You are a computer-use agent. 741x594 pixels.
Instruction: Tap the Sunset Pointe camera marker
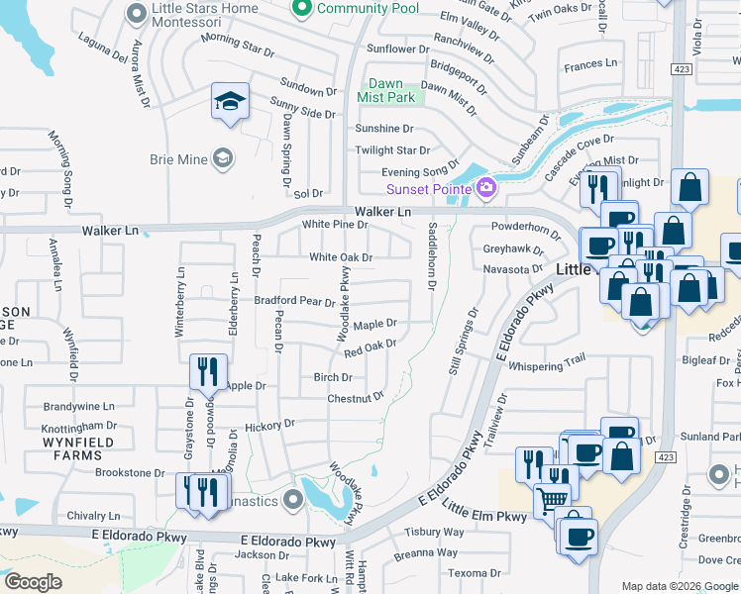point(486,188)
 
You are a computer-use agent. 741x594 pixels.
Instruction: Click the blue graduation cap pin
point(230,102)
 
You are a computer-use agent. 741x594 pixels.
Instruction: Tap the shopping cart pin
point(553,499)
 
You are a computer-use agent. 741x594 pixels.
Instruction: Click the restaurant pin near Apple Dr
point(208,372)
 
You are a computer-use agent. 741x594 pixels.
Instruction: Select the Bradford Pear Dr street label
point(295,300)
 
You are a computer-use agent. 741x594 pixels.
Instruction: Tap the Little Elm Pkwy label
point(484,516)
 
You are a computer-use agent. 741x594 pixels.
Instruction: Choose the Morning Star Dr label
point(237,46)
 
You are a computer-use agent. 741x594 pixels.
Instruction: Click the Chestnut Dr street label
point(356,398)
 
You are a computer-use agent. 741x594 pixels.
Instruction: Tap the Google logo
point(34,582)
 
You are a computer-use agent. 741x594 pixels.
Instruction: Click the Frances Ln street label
point(589,64)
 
